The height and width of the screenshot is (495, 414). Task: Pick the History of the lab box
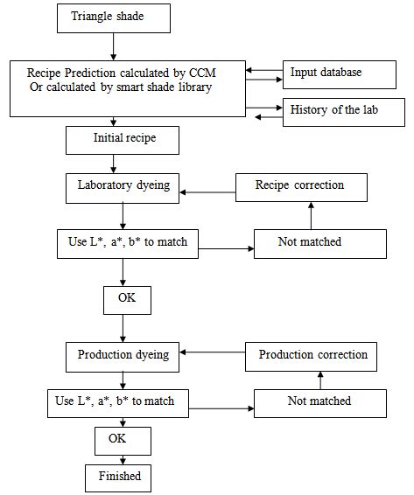pos(343,112)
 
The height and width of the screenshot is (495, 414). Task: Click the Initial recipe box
pos(123,139)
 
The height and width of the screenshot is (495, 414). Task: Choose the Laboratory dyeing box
pos(123,186)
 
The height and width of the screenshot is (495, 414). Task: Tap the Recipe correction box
pos(299,186)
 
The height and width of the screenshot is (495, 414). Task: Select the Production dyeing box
pos(123,355)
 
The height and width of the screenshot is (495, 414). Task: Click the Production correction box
pos(312,356)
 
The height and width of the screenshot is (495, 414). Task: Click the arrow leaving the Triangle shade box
pos(112,45)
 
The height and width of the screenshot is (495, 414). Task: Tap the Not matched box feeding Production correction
pos(319,402)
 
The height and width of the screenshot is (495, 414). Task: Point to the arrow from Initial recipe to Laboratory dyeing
pos(112,163)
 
